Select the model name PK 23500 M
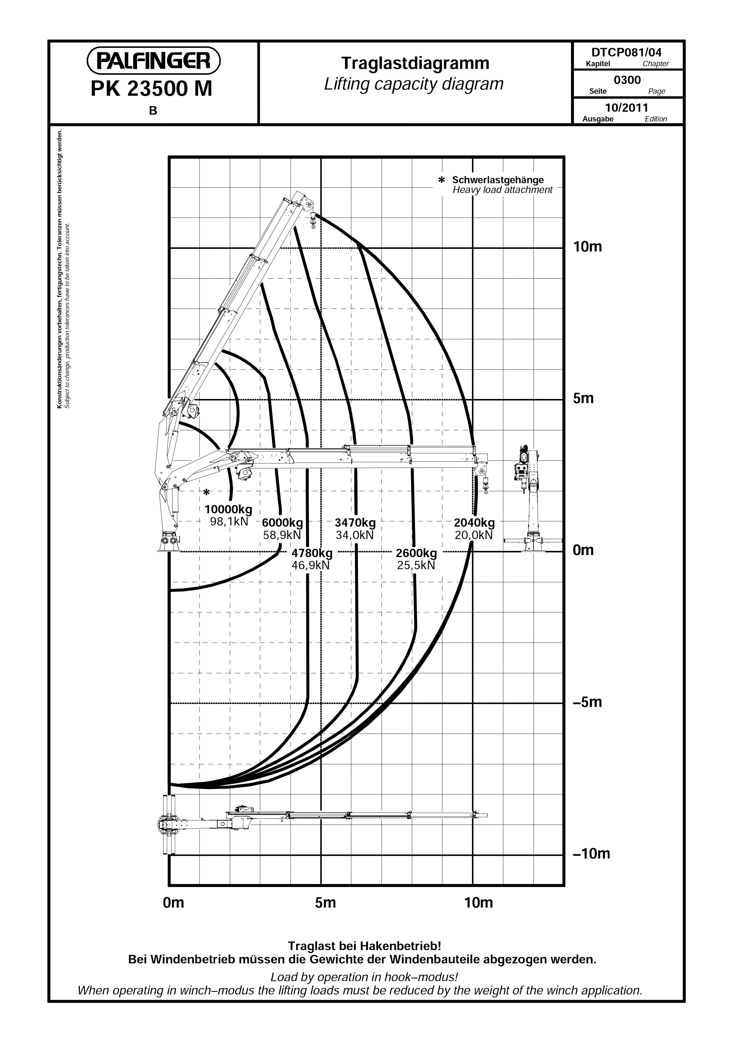tap(151, 89)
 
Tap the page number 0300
tap(627, 80)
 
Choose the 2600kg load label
tap(416, 553)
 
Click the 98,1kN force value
tap(229, 522)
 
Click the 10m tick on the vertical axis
tap(588, 247)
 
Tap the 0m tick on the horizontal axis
tap(173, 903)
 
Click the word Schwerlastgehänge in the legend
tap(498, 180)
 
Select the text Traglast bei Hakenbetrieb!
tap(364, 946)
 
